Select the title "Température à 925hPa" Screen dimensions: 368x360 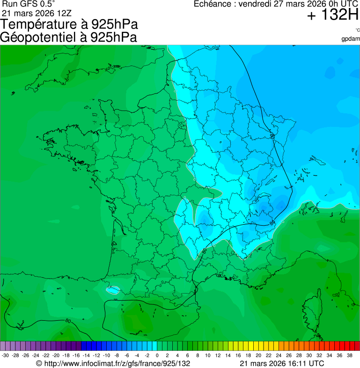pyautogui.click(x=69, y=25)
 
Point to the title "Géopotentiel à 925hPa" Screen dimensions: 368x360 pyautogui.click(x=68, y=37)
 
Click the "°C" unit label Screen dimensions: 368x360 pyautogui.click(x=357, y=30)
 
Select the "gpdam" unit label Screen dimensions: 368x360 pyautogui.click(x=351, y=39)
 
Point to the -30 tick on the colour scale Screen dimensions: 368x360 pyautogui.click(x=5, y=355)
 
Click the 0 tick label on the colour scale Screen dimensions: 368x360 pyautogui.click(x=157, y=355)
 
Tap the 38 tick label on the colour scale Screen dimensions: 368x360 pyautogui.click(x=349, y=355)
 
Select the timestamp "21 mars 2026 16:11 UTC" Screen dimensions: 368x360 pyautogui.click(x=281, y=363)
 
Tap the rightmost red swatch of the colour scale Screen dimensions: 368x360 pyautogui.click(x=357, y=346)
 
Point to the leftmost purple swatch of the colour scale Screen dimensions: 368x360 pyautogui.click(x=3, y=346)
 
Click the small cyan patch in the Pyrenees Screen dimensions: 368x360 pyautogui.click(x=112, y=289)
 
